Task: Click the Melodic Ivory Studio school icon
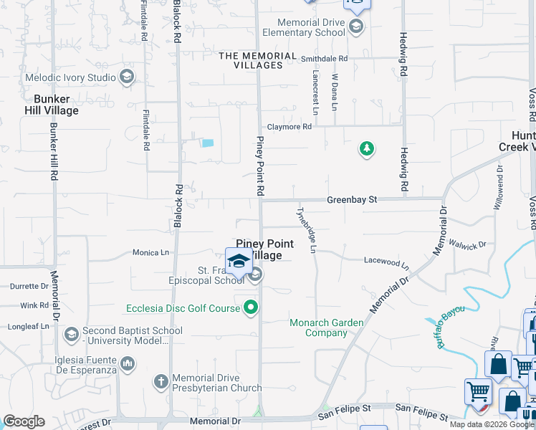click(x=127, y=77)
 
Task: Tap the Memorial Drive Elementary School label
click(x=303, y=28)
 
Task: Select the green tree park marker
click(x=366, y=149)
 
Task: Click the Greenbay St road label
click(x=352, y=199)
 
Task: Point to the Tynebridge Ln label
click(x=306, y=230)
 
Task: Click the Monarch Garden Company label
click(x=326, y=328)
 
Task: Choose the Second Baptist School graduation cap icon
click(x=71, y=334)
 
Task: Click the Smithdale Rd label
click(x=324, y=59)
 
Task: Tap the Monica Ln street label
click(x=150, y=252)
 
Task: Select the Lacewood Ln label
click(x=386, y=262)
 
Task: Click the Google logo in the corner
click(x=23, y=421)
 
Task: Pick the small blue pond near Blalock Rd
click(x=208, y=143)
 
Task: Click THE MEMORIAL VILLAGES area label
click(x=250, y=60)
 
